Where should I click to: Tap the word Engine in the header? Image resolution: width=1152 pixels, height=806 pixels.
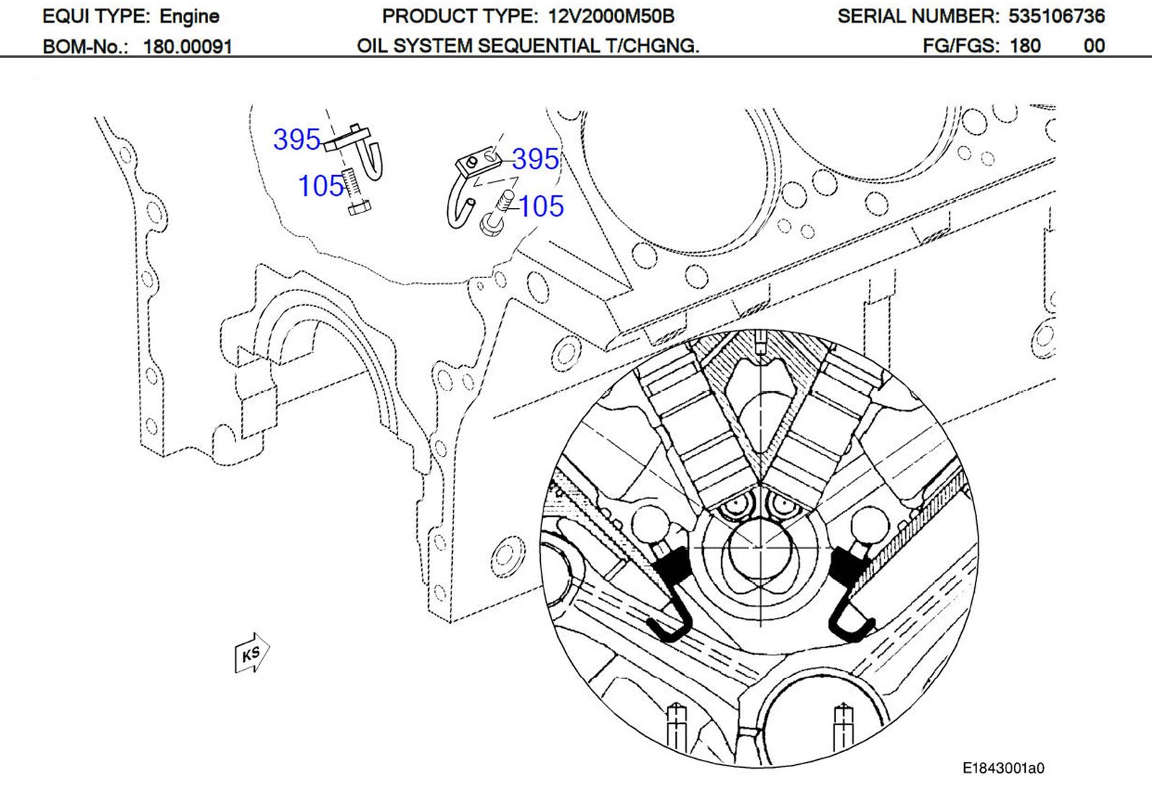click(189, 16)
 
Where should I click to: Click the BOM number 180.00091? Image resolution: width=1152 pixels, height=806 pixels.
click(187, 47)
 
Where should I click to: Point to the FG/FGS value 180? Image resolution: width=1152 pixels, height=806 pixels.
click(1025, 46)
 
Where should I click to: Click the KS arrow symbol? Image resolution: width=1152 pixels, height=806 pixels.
click(251, 653)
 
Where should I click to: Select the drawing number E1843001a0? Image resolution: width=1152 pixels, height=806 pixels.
click(1003, 769)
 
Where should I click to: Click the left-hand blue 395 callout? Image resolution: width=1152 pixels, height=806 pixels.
click(296, 140)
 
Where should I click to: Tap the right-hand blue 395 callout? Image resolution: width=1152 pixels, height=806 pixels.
click(535, 159)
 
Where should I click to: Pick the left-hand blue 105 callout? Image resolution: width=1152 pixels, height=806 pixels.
click(321, 187)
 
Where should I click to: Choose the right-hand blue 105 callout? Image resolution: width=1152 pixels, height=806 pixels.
click(541, 207)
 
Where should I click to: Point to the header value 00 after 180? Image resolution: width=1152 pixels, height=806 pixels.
click(1094, 46)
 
